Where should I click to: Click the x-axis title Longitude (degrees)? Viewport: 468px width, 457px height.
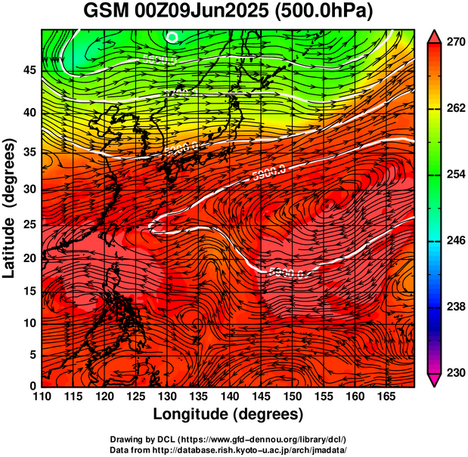click(228, 414)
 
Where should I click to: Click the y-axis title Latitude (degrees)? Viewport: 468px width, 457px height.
click(11, 207)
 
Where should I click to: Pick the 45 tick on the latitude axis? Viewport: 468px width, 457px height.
click(29, 70)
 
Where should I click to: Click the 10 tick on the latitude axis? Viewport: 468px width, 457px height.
click(29, 323)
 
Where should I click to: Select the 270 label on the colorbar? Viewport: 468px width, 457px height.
click(454, 42)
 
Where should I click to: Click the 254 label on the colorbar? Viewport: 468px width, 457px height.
click(454, 174)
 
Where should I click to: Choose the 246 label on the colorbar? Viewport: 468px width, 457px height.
click(454, 241)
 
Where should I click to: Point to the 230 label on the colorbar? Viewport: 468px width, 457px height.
click(454, 373)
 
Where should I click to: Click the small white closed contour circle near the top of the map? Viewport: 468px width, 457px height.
click(172, 36)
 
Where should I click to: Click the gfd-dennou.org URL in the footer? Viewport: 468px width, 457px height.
click(265, 439)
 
